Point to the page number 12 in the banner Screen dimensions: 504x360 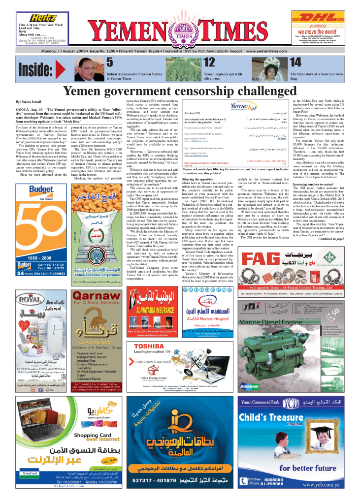pyautogui.click(x=209, y=62)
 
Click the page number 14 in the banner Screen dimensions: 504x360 pyautogui.click(x=295, y=62)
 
